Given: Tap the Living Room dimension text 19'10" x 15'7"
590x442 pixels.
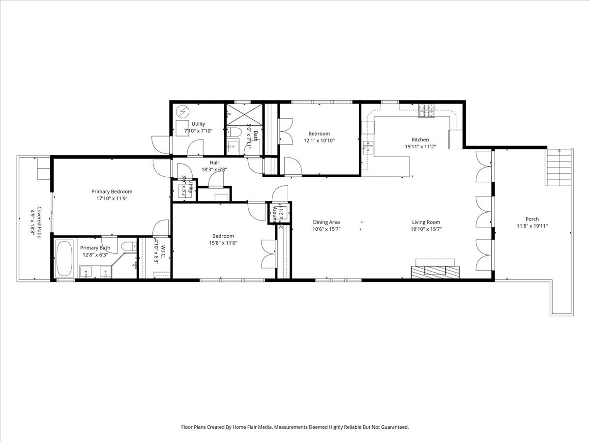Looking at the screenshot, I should (x=426, y=229).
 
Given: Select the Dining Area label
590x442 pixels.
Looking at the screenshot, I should (x=326, y=222).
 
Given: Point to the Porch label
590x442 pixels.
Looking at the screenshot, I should (x=532, y=219).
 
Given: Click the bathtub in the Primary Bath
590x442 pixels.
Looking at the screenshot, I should (x=64, y=258).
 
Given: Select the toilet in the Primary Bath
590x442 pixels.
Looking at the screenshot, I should (x=129, y=247).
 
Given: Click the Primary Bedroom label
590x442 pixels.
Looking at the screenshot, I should (x=112, y=192).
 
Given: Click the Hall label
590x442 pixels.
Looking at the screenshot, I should (x=214, y=163).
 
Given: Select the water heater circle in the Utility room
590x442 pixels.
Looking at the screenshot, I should (x=182, y=111).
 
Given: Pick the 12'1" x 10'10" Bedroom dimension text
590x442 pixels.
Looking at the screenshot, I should (x=319, y=140).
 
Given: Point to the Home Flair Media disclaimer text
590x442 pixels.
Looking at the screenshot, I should (x=295, y=427).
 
